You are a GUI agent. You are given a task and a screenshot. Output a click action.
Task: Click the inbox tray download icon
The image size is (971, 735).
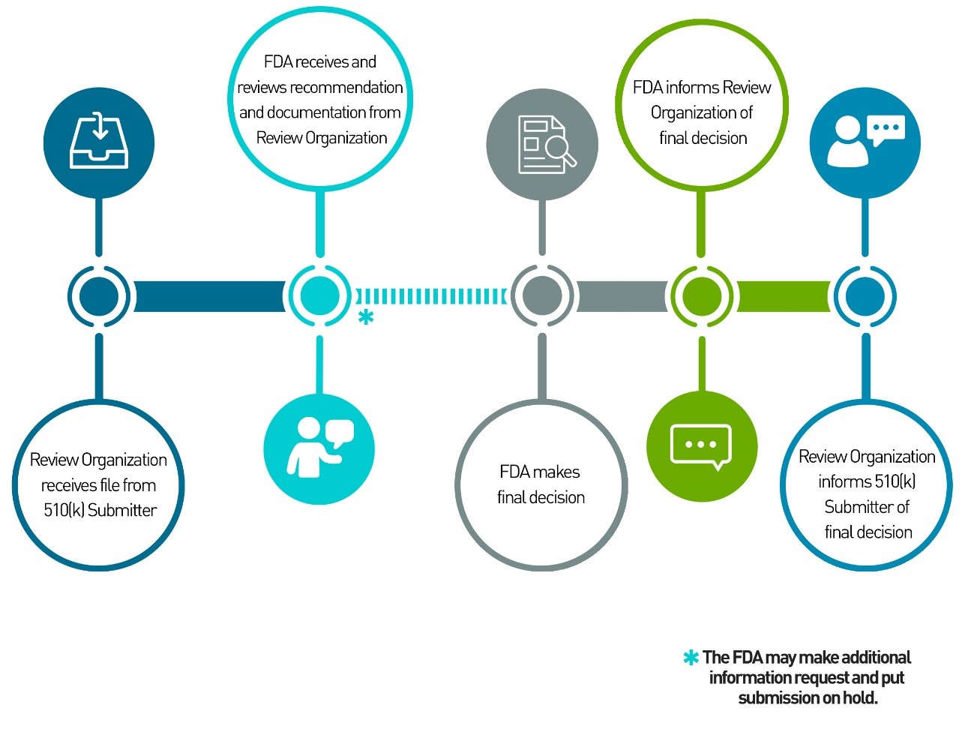coord(99,141)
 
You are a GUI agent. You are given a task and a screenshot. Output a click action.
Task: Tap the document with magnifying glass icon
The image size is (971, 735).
coord(542,145)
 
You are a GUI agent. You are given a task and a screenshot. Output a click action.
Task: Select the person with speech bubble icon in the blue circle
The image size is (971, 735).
coord(865,141)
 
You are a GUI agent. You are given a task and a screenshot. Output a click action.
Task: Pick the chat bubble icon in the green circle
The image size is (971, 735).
coord(701,446)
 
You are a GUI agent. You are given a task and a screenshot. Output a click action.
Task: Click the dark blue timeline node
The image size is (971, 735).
coord(99,296)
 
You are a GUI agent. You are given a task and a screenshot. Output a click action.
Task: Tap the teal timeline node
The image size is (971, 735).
coord(319,296)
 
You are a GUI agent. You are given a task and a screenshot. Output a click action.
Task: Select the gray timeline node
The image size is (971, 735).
coord(541,296)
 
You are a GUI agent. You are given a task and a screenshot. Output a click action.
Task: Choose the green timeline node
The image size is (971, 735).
coord(702,296)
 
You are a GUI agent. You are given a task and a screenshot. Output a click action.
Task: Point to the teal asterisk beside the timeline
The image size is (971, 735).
coord(365,317)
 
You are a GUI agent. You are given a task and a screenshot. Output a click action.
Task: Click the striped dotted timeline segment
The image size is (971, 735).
coord(431,296)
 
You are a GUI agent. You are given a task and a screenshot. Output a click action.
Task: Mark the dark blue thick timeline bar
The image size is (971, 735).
coord(209,296)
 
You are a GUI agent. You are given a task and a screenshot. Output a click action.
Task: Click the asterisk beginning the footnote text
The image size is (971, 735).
coord(691,658)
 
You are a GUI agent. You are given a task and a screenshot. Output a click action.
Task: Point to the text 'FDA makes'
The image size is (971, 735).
coord(540,472)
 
